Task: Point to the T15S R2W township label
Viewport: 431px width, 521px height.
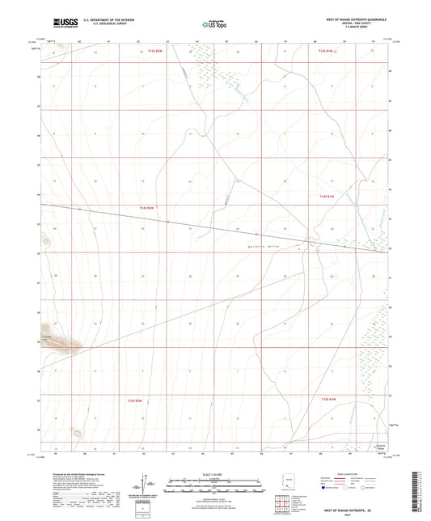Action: pos(133,400)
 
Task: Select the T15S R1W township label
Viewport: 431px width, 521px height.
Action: pos(327,398)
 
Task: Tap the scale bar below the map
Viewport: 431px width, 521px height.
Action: pos(215,482)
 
